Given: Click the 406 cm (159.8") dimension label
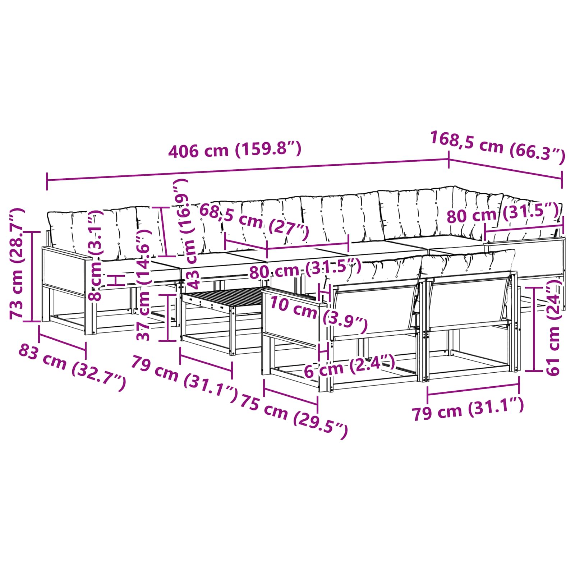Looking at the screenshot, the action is (234, 149).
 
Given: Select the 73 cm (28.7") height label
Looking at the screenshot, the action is (17, 263).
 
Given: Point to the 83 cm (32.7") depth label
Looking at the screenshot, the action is (72, 367).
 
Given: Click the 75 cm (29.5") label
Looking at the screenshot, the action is (294, 415).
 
